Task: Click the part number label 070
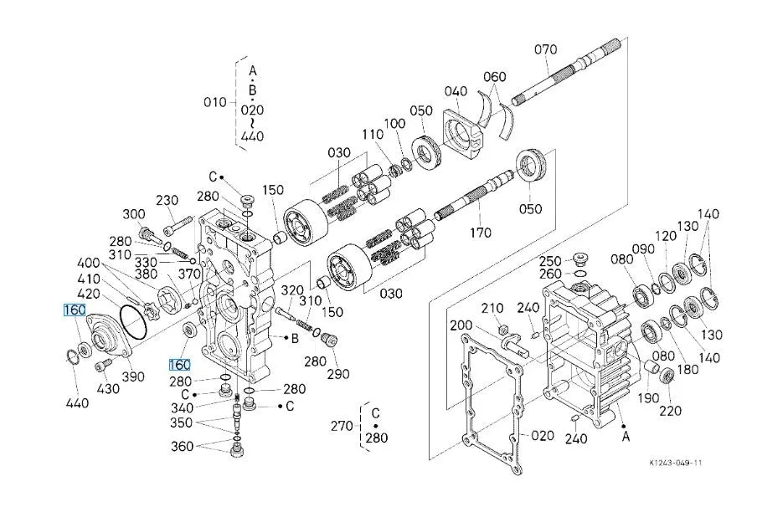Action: (x=545, y=49)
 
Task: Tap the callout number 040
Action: (x=456, y=91)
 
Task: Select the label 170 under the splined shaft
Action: (x=481, y=233)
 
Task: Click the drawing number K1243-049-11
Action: (x=676, y=463)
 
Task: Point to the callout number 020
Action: (x=542, y=436)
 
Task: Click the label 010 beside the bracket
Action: (x=215, y=102)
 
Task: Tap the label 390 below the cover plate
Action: (x=133, y=376)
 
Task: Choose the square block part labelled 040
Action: (x=462, y=133)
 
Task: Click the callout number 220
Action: (x=671, y=411)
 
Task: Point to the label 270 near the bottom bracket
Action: (x=342, y=426)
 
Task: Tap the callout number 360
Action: (x=183, y=446)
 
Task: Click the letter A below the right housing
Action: (x=626, y=437)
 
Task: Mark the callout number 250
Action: (x=550, y=261)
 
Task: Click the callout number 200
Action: (x=461, y=325)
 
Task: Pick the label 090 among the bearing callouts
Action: (x=644, y=249)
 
